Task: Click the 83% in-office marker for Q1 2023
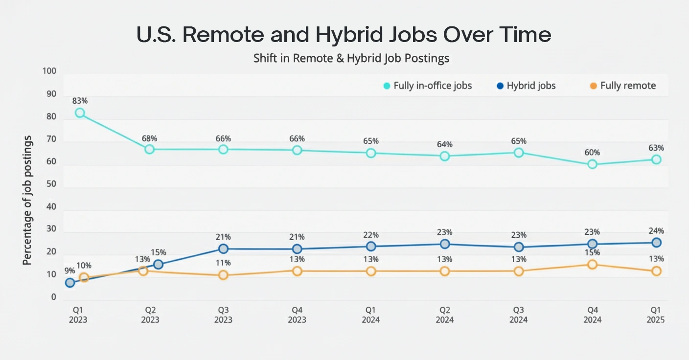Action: pyautogui.click(x=80, y=113)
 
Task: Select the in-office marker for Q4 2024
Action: pyautogui.click(x=592, y=164)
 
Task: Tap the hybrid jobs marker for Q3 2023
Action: pyautogui.click(x=223, y=248)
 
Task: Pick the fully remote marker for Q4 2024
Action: pyautogui.click(x=592, y=265)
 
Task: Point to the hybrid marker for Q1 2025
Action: pyautogui.click(x=656, y=243)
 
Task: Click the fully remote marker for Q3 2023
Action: pyautogui.click(x=223, y=275)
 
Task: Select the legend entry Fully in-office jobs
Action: pyautogui.click(x=427, y=86)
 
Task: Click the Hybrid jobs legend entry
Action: pyautogui.click(x=526, y=86)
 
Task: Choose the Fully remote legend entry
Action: pyautogui.click(x=622, y=86)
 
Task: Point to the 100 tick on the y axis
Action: pyautogui.click(x=50, y=71)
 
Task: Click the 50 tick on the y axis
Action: pyautogui.click(x=51, y=185)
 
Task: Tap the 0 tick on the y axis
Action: pyautogui.click(x=53, y=297)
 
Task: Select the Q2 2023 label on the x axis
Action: pyautogui.click(x=150, y=315)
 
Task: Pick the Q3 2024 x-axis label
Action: pyautogui.click(x=519, y=315)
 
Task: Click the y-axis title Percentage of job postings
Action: pyautogui.click(x=27, y=201)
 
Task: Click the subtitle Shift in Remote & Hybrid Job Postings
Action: pyautogui.click(x=351, y=58)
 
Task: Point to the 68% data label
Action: pyautogui.click(x=150, y=137)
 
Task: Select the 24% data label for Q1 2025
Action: pyautogui.click(x=656, y=231)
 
